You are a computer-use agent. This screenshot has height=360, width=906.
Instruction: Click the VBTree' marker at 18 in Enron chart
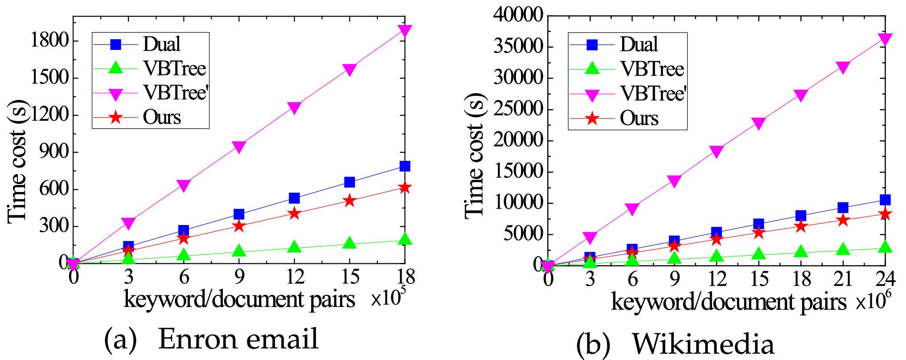[x=405, y=31]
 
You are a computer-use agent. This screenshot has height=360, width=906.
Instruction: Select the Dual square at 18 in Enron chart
[x=405, y=166]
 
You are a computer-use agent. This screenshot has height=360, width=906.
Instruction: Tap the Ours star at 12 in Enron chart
[x=294, y=213]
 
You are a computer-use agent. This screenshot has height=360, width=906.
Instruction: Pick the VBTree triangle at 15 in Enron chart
[x=349, y=243]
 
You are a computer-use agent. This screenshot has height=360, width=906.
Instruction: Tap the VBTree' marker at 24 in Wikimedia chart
[x=885, y=39]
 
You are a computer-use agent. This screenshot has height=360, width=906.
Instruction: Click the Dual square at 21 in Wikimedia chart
[x=843, y=208]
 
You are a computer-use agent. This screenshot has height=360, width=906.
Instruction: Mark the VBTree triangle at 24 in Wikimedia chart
[x=885, y=247]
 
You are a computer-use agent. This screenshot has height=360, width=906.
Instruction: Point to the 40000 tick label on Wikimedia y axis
[x=518, y=16]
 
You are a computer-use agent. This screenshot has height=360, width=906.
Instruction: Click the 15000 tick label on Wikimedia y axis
[x=518, y=172]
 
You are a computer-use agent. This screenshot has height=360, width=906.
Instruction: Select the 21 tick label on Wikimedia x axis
[x=843, y=279]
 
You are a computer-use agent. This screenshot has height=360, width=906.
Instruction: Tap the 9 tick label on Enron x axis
[x=239, y=277]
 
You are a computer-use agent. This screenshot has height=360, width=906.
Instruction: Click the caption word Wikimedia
[x=703, y=344]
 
